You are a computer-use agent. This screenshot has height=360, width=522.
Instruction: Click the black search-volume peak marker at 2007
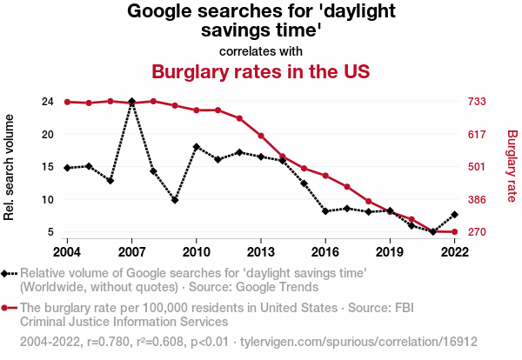click(x=131, y=102)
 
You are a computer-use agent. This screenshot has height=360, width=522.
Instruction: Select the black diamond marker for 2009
click(x=175, y=200)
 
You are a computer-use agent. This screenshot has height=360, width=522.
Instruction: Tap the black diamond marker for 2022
click(x=455, y=215)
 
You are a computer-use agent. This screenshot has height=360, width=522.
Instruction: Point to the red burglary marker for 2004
click(x=67, y=102)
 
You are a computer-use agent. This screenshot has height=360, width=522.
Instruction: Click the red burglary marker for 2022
click(x=455, y=232)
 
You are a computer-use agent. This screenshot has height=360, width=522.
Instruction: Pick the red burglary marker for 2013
click(x=261, y=136)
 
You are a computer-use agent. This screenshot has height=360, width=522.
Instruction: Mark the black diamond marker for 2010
click(x=197, y=147)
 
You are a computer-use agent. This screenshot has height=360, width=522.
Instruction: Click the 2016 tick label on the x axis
click(x=325, y=251)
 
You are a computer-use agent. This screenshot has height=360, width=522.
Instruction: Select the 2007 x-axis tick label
click(x=131, y=251)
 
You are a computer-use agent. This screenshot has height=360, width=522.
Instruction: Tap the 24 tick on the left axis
click(x=48, y=102)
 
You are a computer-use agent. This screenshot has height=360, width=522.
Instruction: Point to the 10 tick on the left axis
click(x=48, y=199)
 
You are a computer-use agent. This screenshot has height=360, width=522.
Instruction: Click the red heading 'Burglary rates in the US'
click(x=261, y=70)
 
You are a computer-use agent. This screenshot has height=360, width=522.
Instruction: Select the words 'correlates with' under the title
click(x=261, y=50)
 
